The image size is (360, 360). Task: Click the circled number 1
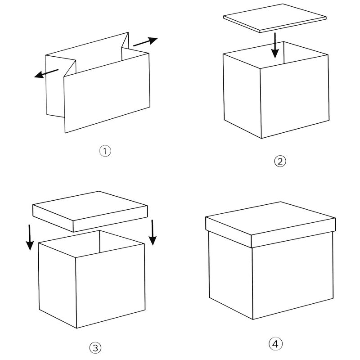[105, 151]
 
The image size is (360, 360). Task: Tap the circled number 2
[280, 162]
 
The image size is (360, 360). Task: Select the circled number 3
[95, 348]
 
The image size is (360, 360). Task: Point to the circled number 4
[275, 344]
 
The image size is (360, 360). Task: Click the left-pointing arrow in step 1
[46, 73]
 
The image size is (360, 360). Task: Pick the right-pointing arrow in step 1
[145, 41]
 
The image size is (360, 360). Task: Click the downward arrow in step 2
[275, 45]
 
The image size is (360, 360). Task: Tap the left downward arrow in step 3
[30, 237]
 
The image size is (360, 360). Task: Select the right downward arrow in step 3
[153, 232]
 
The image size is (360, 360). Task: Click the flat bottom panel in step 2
[275, 18]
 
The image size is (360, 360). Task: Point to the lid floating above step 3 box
[90, 211]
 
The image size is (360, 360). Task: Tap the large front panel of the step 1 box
[107, 93]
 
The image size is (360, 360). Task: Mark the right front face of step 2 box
[295, 96]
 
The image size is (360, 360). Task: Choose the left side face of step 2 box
[242, 96]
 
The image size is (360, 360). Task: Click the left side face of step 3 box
[57, 285]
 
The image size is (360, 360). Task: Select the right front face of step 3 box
[110, 286]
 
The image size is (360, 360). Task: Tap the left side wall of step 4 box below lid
[231, 275]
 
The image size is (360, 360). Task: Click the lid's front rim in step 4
[293, 232]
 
